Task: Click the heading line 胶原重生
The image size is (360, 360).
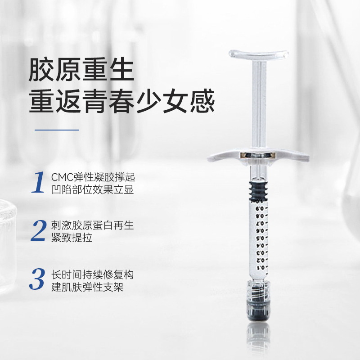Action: click(x=81, y=69)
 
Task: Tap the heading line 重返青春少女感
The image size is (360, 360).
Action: click(x=122, y=101)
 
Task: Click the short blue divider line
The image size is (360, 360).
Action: click(x=57, y=130)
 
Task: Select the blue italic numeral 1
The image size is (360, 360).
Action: click(x=38, y=182)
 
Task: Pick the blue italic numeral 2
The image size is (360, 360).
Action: click(x=39, y=230)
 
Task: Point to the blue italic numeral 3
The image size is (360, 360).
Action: click(x=37, y=279)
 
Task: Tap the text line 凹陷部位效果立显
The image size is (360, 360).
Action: click(x=93, y=189)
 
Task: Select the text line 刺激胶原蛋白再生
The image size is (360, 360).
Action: click(x=93, y=225)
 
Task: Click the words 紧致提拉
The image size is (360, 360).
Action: click(x=72, y=238)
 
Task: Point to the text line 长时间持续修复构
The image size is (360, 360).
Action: click(x=93, y=275)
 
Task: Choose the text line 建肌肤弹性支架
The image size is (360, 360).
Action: click(x=87, y=287)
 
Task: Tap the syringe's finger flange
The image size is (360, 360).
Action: click(x=258, y=156)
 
